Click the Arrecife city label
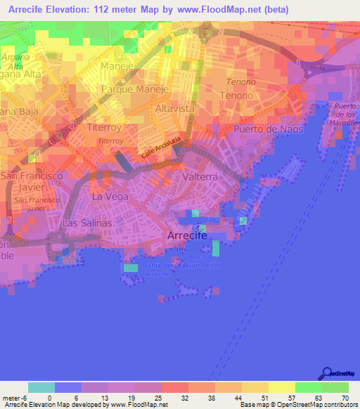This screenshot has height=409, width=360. click(x=187, y=236)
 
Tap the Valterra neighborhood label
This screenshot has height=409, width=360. click(x=200, y=177)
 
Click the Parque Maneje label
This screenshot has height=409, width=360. click(x=136, y=90)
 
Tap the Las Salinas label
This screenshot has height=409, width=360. click(x=87, y=223)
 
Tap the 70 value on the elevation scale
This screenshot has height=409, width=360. click(x=345, y=397)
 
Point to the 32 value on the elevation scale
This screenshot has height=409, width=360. click(x=184, y=397)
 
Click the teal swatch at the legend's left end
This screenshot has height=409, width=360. click(x=41, y=387)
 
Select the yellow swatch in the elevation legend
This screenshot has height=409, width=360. click(x=282, y=387)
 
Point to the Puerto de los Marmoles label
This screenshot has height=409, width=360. click(x=346, y=114)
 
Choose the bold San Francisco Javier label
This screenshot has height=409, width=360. click(x=32, y=181)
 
